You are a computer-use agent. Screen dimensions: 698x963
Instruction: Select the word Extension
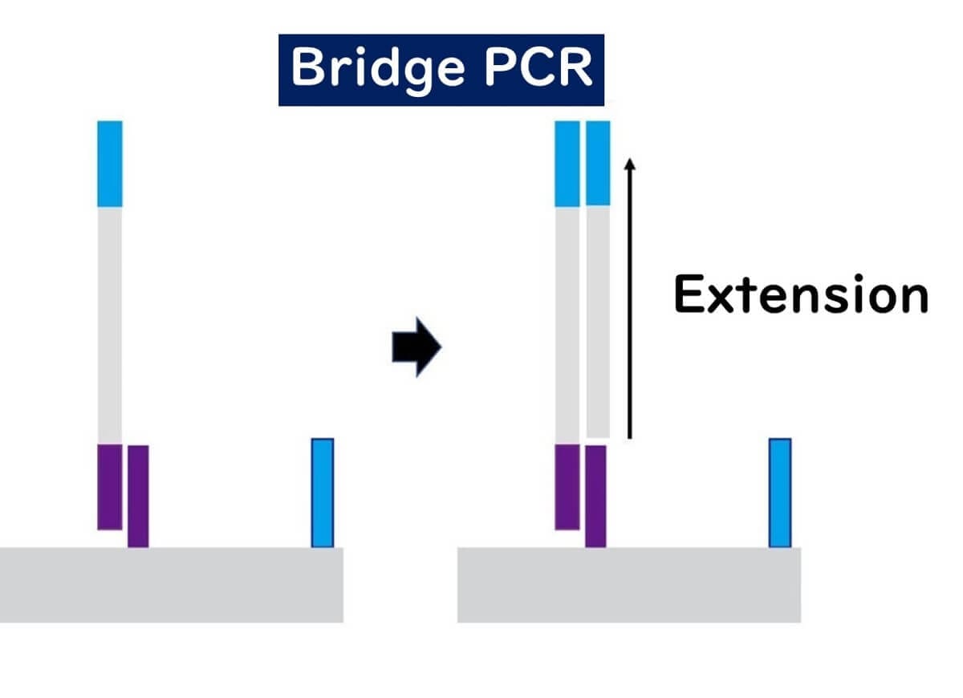coord(800,294)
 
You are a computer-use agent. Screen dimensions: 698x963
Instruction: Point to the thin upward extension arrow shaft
coord(630,305)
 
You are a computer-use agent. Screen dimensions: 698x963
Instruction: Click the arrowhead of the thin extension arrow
coord(630,163)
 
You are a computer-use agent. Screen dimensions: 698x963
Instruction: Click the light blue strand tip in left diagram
coord(110,164)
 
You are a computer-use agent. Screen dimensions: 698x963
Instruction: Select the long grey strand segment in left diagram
coord(110,325)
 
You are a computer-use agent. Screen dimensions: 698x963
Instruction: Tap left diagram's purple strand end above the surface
coord(110,486)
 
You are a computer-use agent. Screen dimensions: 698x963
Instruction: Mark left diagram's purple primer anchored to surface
coord(138,497)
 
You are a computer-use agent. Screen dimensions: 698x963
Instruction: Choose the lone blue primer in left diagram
coord(323,493)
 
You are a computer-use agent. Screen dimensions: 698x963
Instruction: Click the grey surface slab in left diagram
coord(171,585)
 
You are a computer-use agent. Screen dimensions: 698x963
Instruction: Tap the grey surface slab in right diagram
coord(628,585)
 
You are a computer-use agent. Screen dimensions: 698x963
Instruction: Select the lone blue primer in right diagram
coord(780,493)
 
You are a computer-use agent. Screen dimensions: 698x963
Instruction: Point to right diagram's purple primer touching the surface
coord(595,497)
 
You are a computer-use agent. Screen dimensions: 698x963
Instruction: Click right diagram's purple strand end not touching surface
coord(567,486)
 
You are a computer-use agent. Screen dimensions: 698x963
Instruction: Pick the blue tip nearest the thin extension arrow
coord(598,164)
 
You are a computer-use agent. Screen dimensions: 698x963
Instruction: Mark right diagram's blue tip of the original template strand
coord(567,164)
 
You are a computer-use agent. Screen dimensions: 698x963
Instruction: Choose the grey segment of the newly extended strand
coord(598,322)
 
